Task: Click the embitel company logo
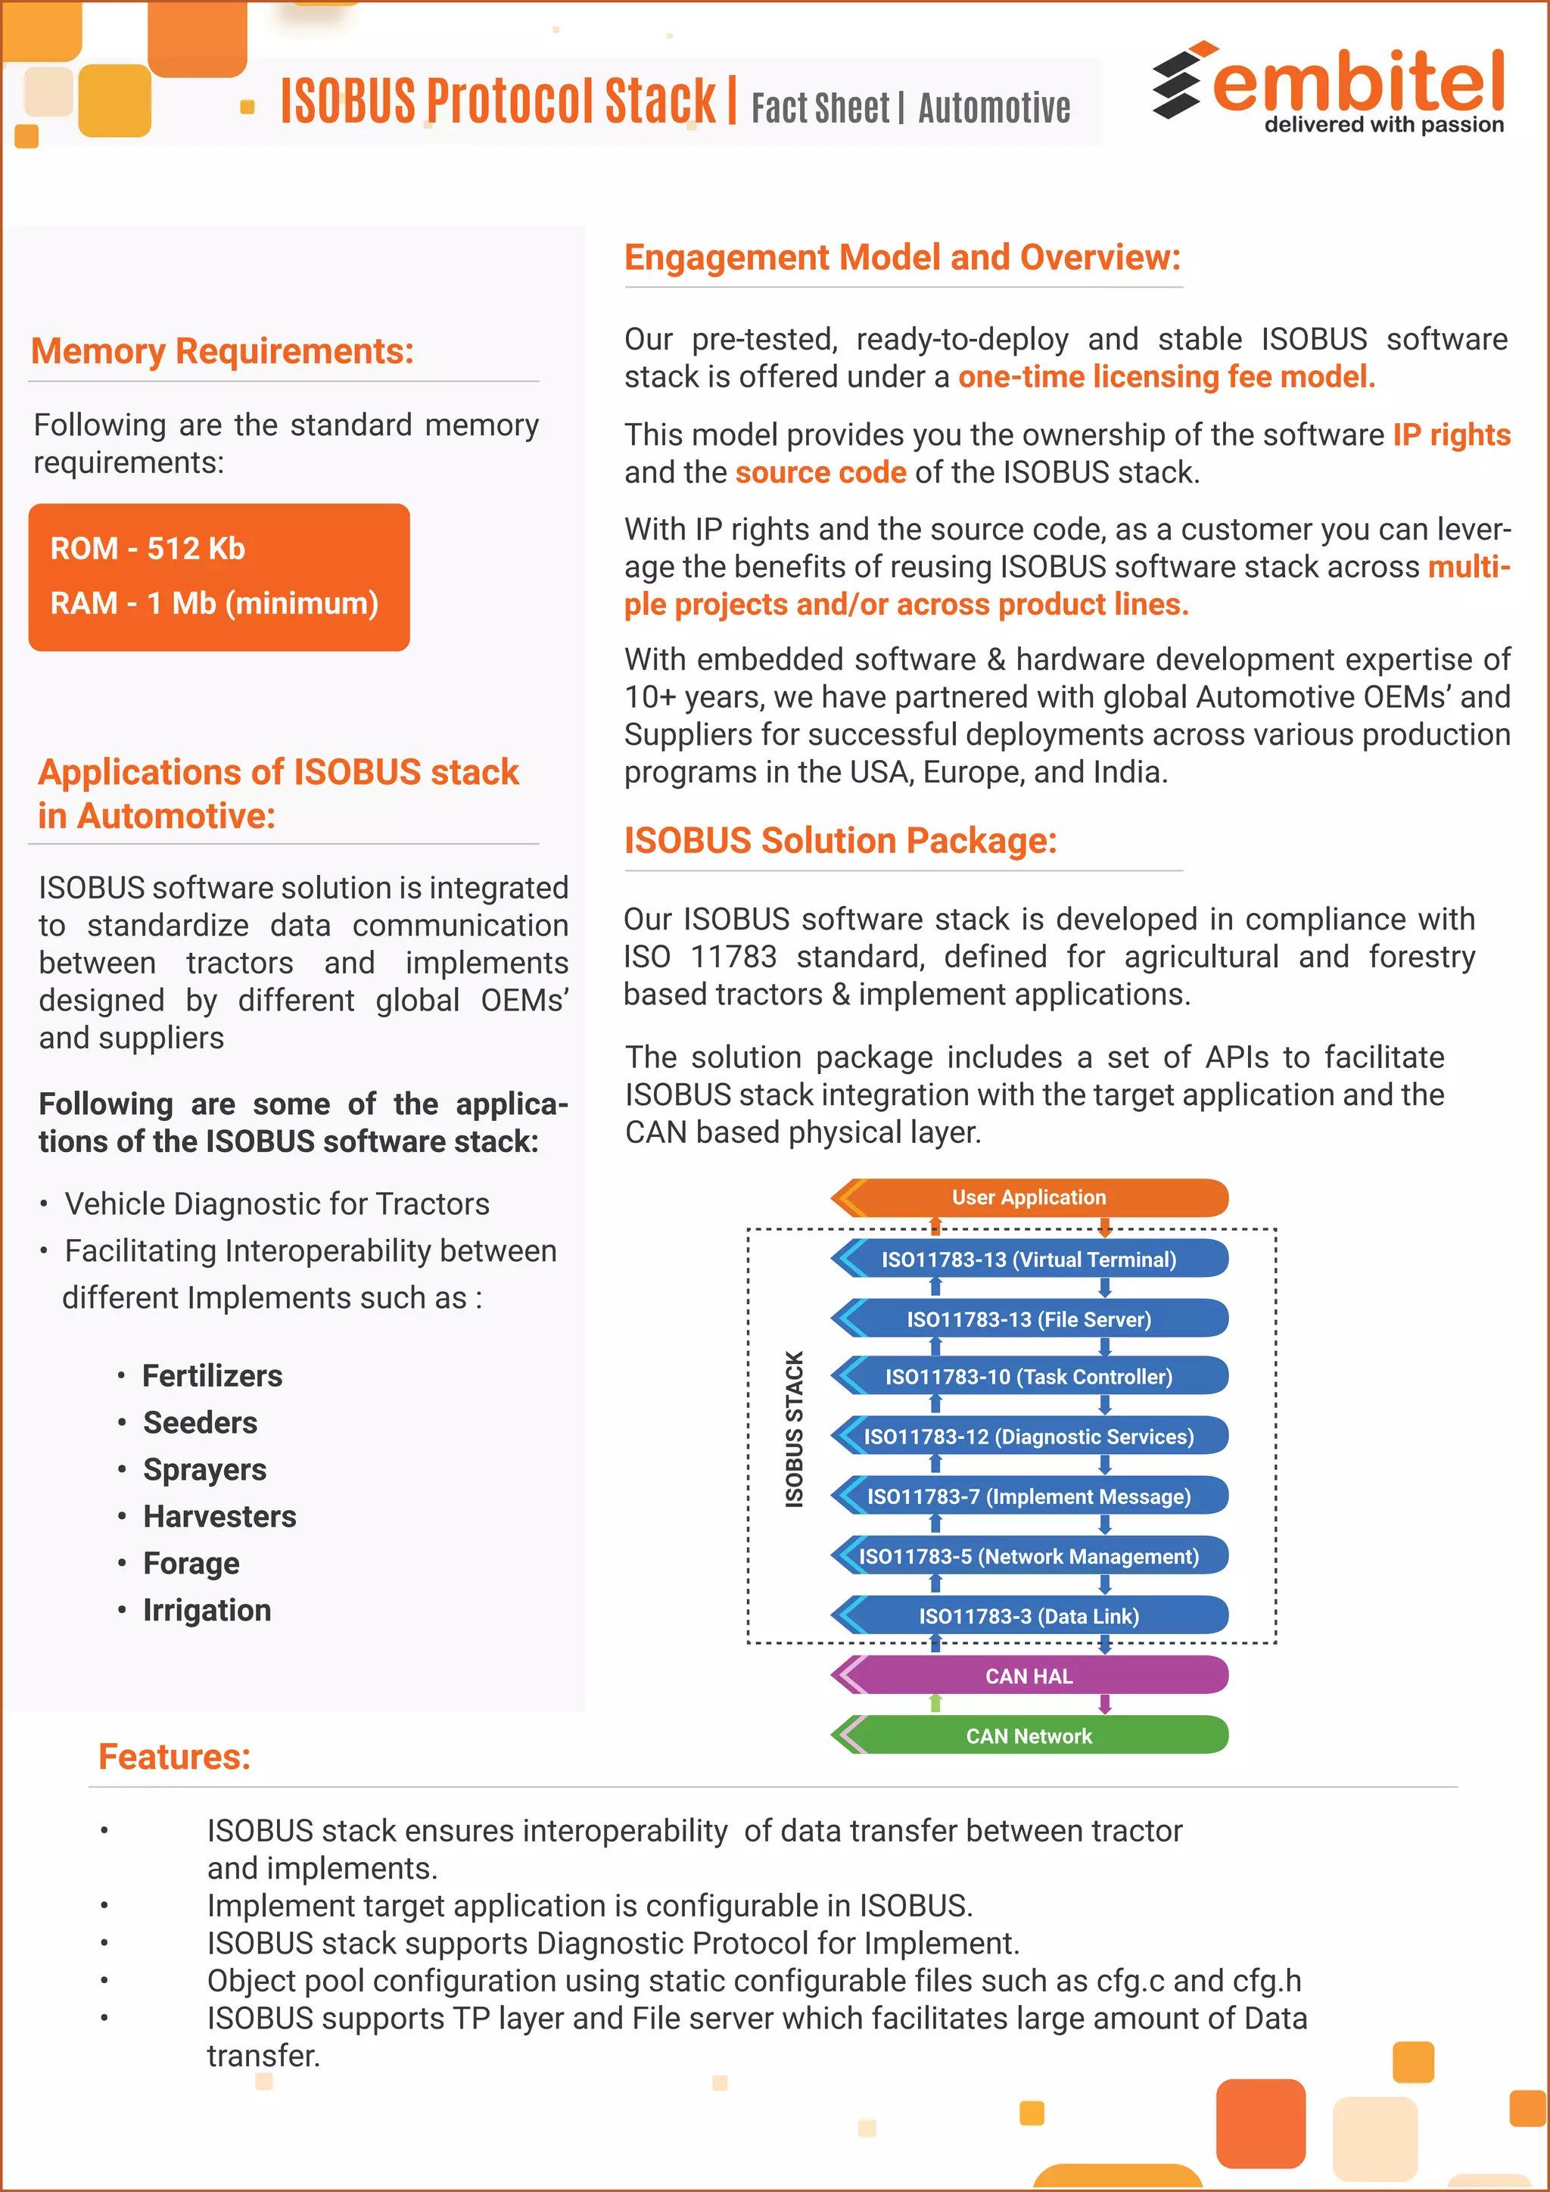coord(1328,88)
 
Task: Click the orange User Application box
coord(1029,1197)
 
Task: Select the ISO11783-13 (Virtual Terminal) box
coord(1029,1259)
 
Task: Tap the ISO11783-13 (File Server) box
coord(1029,1319)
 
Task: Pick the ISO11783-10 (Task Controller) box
coord(1029,1377)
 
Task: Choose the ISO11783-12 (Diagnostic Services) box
coord(1029,1437)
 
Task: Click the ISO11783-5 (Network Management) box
coord(1029,1556)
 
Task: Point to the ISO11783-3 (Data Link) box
coord(1029,1616)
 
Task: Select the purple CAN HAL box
coord(1029,1677)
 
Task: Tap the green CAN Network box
coord(1029,1736)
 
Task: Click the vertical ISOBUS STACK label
coord(794,1429)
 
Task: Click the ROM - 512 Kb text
coord(148,549)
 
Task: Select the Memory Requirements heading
coord(223,351)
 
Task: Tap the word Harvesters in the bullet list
coord(219,1516)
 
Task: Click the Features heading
coord(175,1757)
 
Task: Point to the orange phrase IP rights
coord(1451,435)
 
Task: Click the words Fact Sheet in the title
coord(820,108)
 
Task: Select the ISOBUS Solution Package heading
coord(840,841)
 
